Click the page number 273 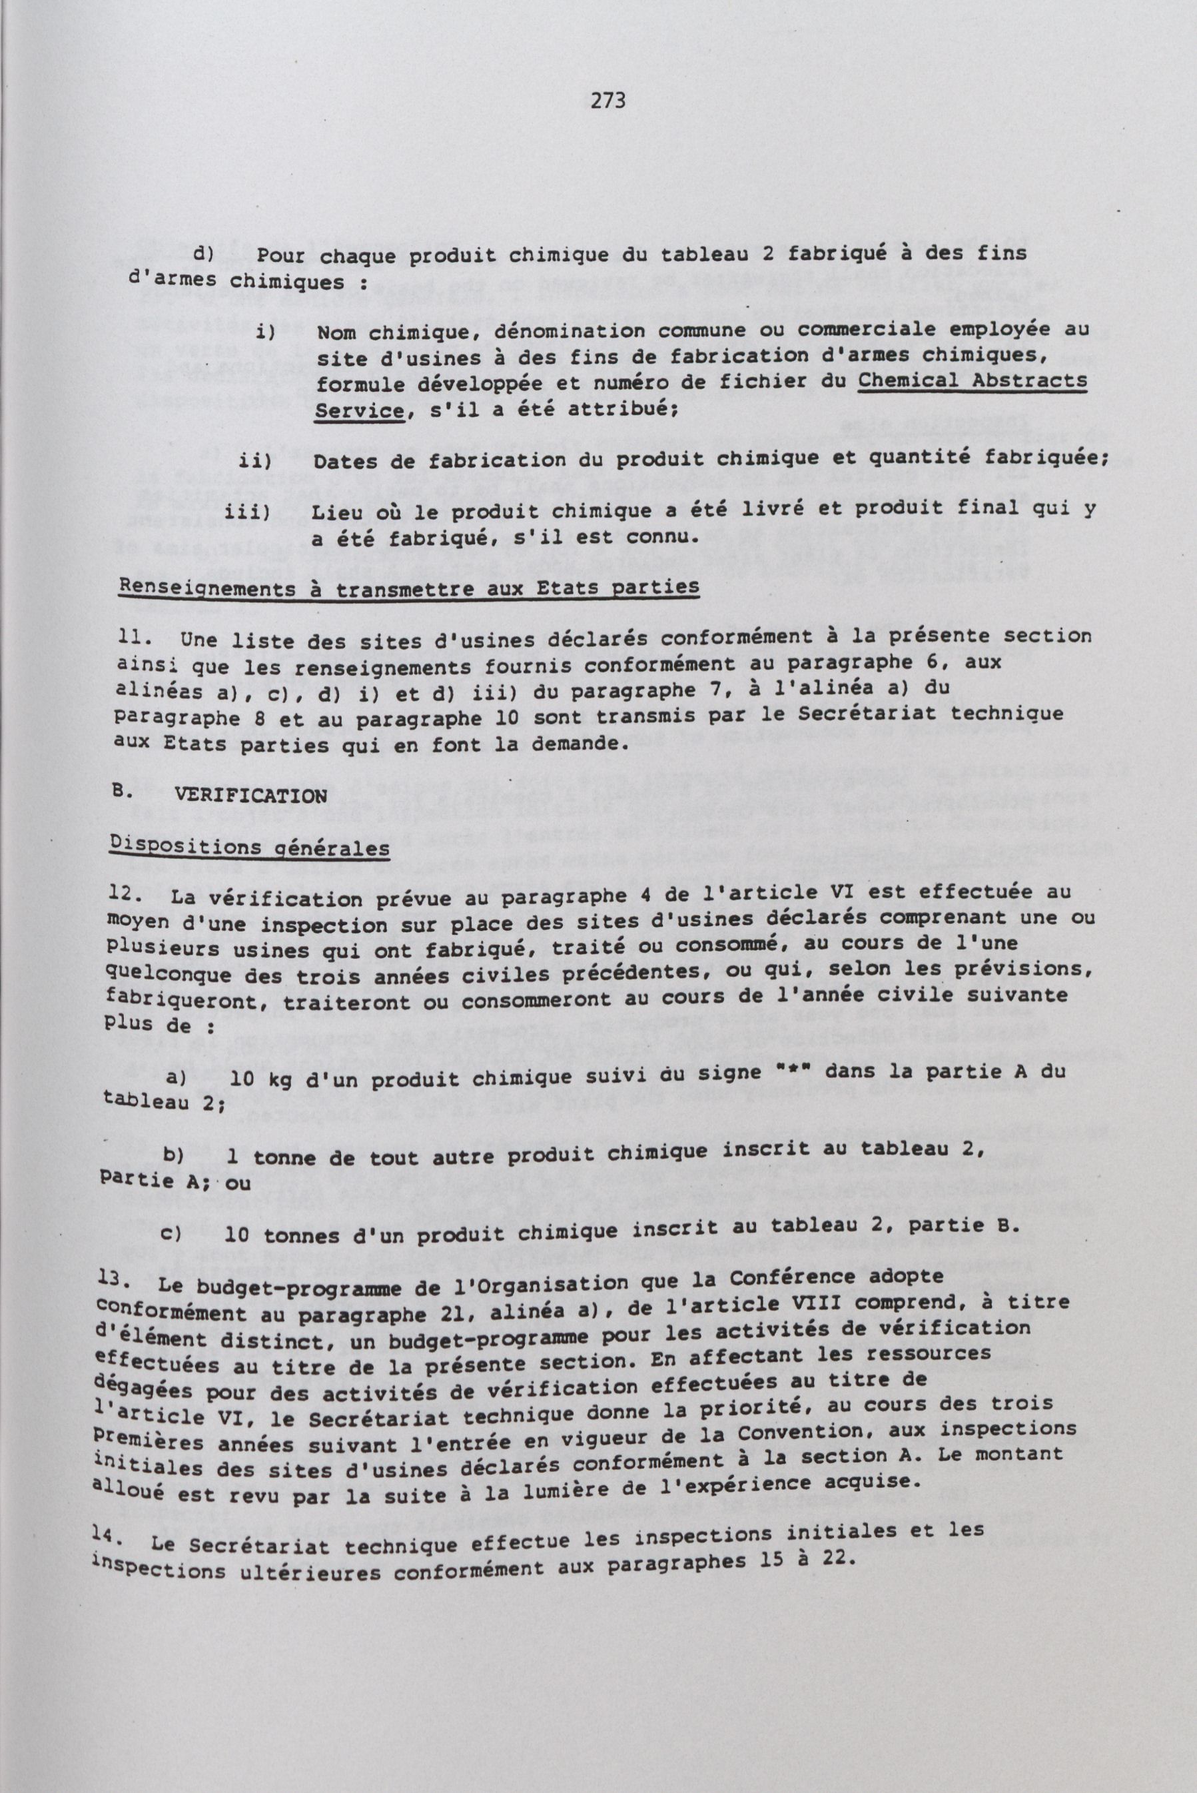(608, 100)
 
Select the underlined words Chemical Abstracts (973, 380)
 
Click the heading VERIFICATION (251, 795)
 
